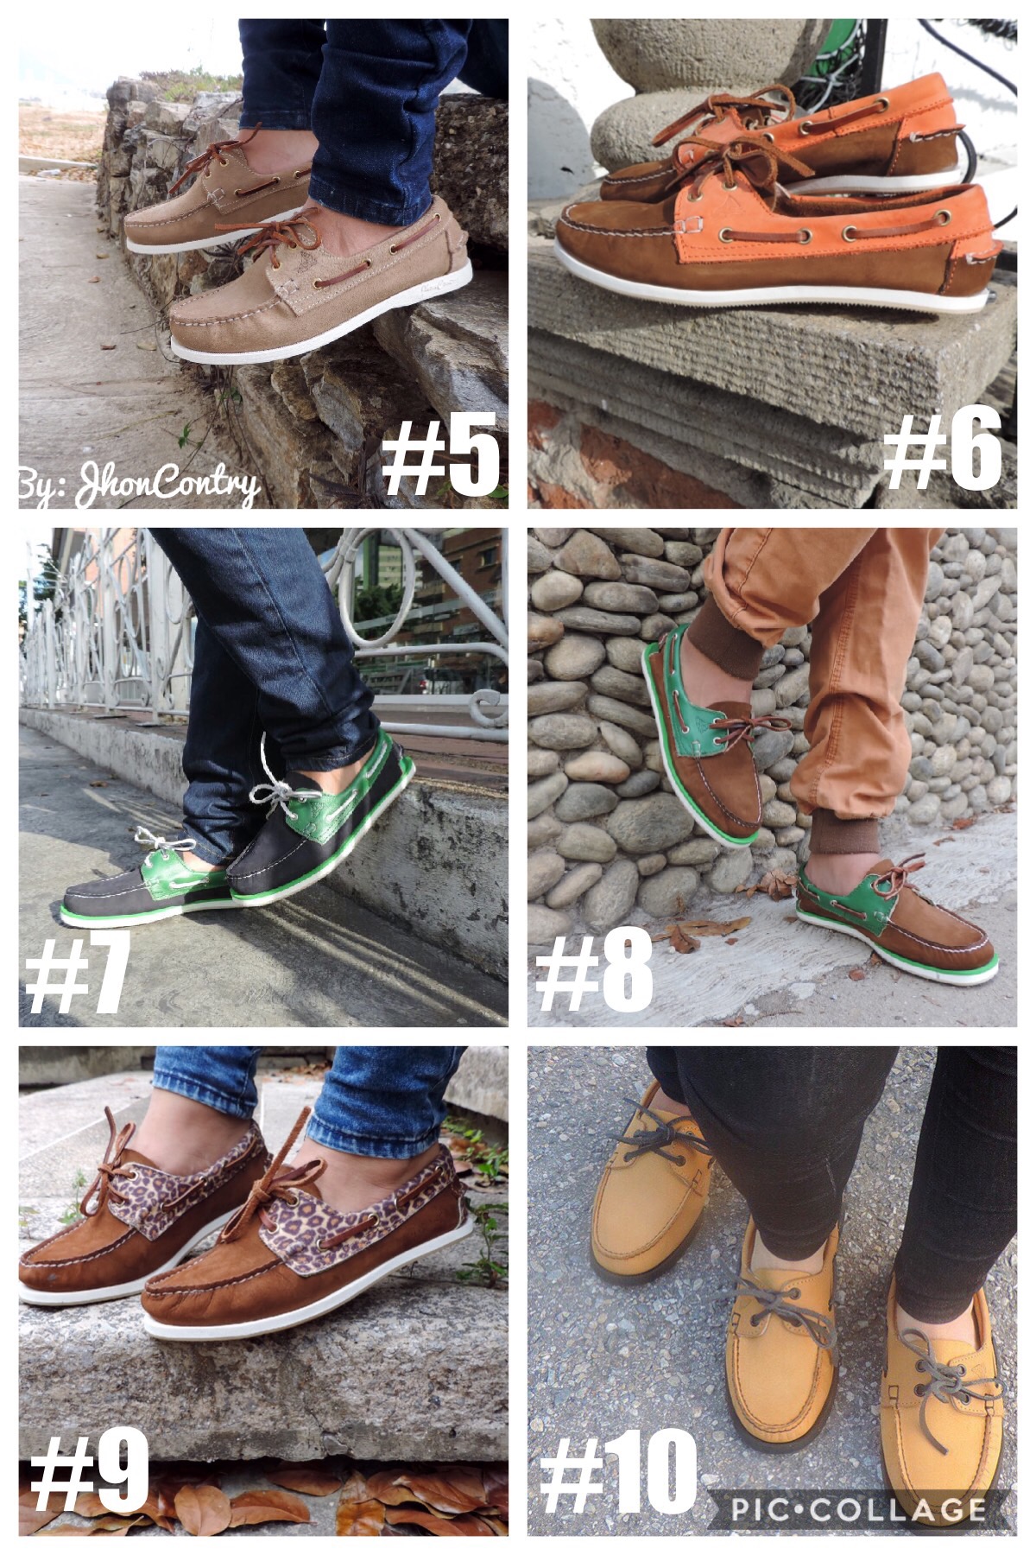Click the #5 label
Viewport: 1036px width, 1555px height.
(x=441, y=452)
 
